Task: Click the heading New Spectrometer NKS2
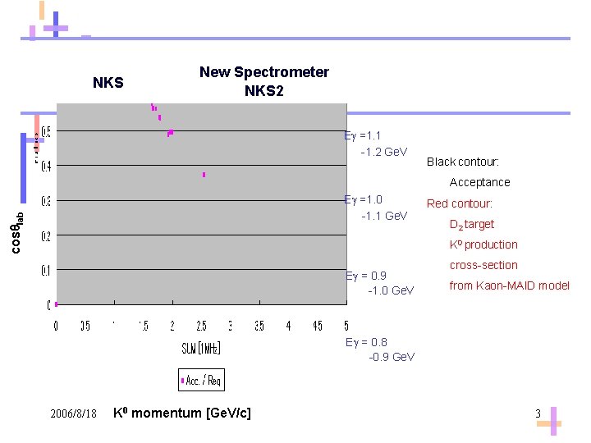[x=263, y=81]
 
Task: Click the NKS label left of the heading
[x=108, y=83]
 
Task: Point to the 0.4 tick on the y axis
[x=46, y=167]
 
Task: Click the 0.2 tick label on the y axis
[x=46, y=236]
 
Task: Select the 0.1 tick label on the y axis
[x=46, y=270]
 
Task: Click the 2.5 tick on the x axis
[x=202, y=326]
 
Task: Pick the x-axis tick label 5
[x=346, y=326]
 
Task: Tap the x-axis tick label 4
[x=288, y=326]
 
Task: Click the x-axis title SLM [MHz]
[x=201, y=348]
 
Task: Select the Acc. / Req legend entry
[x=201, y=380]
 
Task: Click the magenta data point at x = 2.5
[x=204, y=175]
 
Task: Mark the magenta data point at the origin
[x=56, y=304]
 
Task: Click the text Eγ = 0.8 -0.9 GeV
[x=379, y=349]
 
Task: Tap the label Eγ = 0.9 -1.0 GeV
[x=379, y=283]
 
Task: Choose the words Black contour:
[x=462, y=162]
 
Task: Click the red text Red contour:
[x=459, y=203]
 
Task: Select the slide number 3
[x=538, y=413]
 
